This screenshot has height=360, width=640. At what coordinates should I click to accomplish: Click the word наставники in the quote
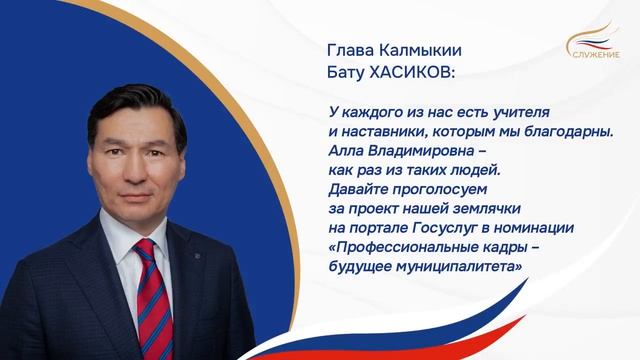click(x=376, y=132)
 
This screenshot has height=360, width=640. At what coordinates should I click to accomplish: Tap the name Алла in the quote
click(x=345, y=151)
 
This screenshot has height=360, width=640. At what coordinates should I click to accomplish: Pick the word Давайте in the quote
click(x=357, y=190)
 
